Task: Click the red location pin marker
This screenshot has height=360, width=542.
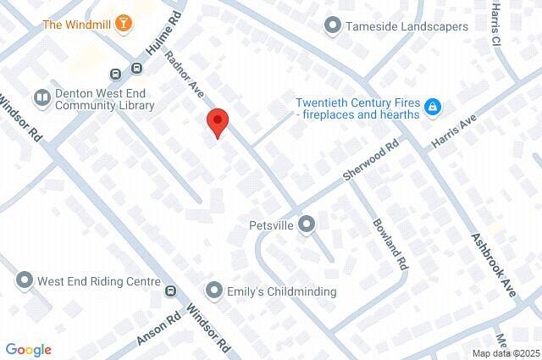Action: point(218,124)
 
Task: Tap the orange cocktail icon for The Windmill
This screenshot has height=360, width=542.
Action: point(124,23)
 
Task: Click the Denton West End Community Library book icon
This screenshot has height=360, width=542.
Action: point(41,97)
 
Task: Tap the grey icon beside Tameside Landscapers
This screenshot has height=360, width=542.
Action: point(333,26)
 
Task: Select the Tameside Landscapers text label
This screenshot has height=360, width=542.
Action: point(406,26)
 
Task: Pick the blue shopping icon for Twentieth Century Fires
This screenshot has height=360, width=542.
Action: point(433,107)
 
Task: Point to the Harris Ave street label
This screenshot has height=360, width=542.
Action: point(455,130)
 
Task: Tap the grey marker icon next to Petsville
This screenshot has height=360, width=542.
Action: point(307,224)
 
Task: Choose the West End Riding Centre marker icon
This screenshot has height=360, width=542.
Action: point(25,280)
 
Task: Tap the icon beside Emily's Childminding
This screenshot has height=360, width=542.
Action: point(216,291)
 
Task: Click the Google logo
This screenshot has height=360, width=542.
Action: point(28,349)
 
